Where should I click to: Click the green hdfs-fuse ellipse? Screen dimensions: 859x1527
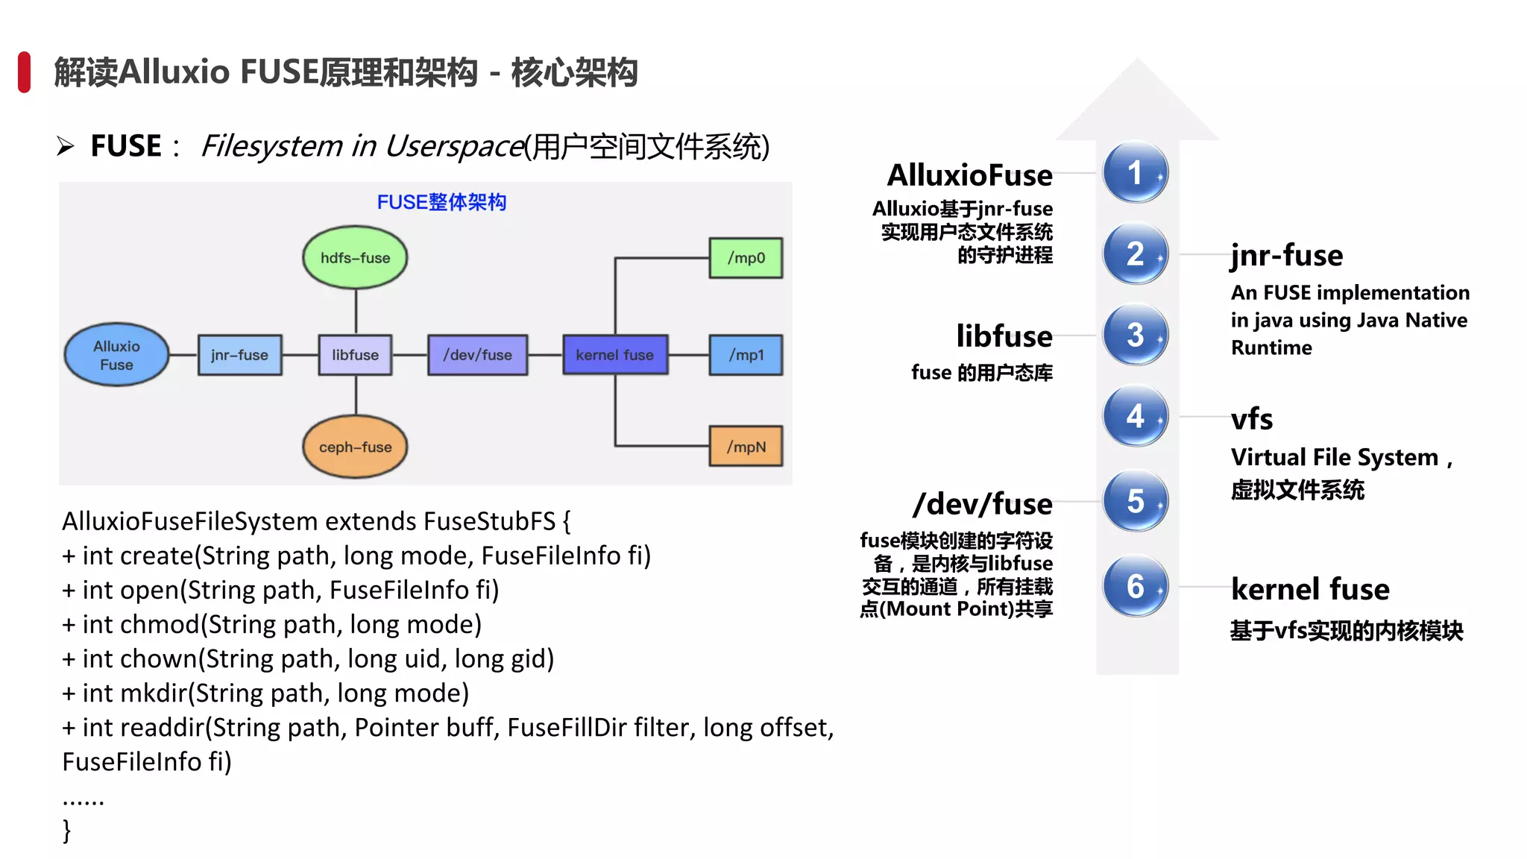pos(355,258)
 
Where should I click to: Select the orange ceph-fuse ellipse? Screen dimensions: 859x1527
pos(355,447)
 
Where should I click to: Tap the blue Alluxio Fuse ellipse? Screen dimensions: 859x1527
pos(116,355)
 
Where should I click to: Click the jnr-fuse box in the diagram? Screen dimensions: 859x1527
pos(239,355)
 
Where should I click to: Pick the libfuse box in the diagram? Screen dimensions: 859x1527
pos(355,355)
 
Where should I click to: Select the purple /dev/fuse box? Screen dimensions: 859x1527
pos(477,355)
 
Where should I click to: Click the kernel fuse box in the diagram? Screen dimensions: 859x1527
pos(614,355)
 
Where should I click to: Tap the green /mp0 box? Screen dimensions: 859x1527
pos(746,258)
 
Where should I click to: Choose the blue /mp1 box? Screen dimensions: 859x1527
pos(746,355)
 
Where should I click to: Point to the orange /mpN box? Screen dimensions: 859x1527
pos(746,447)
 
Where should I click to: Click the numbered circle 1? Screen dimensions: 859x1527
pos(1135,173)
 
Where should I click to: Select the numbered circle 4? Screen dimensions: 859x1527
pos(1135,416)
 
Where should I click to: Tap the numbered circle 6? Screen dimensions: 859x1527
pos(1135,587)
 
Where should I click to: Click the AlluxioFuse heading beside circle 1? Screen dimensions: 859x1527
pos(969,175)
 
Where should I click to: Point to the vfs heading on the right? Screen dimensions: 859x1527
pos(1252,419)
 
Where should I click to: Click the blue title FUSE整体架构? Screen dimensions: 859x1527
pos(441,202)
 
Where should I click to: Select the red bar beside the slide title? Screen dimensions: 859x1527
pos(24,72)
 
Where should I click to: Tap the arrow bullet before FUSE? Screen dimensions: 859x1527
pos(66,146)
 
